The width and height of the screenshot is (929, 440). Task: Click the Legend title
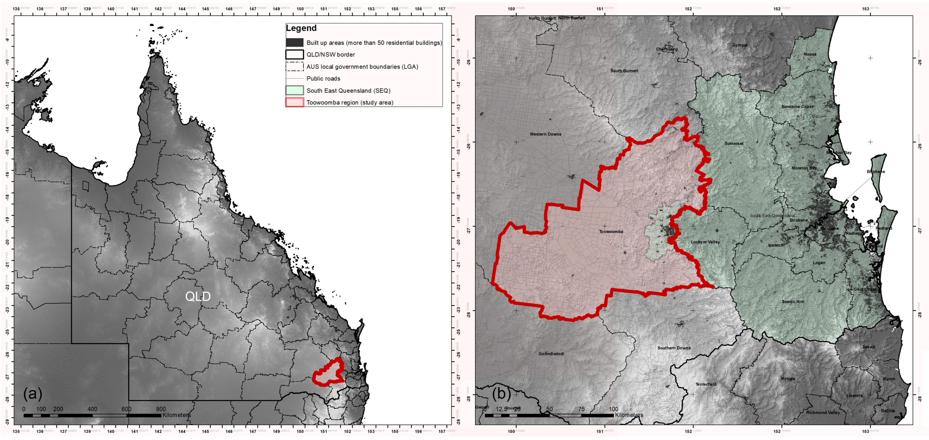coord(301,28)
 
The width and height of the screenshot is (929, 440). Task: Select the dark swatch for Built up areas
coord(295,43)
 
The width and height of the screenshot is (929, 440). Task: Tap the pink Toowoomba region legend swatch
coord(295,102)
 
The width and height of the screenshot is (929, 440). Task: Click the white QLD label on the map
coord(198,297)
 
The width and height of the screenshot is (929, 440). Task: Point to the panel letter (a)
coord(33,394)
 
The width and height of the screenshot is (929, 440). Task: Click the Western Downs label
coord(545,134)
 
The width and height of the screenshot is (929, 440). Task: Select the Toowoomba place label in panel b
coord(611,232)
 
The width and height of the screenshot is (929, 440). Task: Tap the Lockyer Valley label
coord(705,242)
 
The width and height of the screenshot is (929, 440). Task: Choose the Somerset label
coord(734,143)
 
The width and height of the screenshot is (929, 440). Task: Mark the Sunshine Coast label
coord(797,107)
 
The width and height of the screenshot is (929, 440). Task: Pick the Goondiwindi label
coord(551,354)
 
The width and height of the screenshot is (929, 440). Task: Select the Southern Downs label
coord(674,348)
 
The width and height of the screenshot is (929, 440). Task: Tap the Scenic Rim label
coord(793,302)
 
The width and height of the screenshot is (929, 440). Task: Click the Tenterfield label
coord(706,385)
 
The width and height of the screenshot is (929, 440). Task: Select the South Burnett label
coord(624,71)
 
